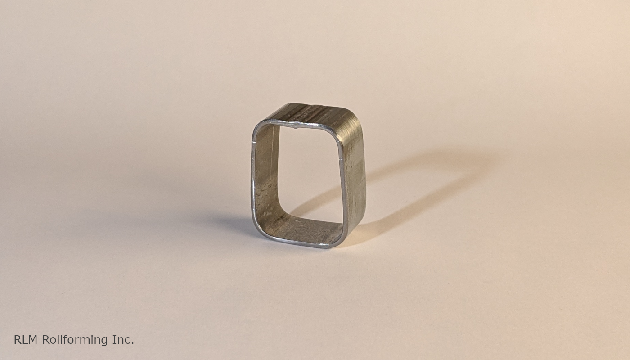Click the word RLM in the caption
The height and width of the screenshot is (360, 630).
26,340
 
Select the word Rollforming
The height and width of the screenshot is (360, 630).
75,340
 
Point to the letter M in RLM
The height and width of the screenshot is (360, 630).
33,340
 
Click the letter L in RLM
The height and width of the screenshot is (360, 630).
24,340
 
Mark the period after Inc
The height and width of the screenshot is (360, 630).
132,343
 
